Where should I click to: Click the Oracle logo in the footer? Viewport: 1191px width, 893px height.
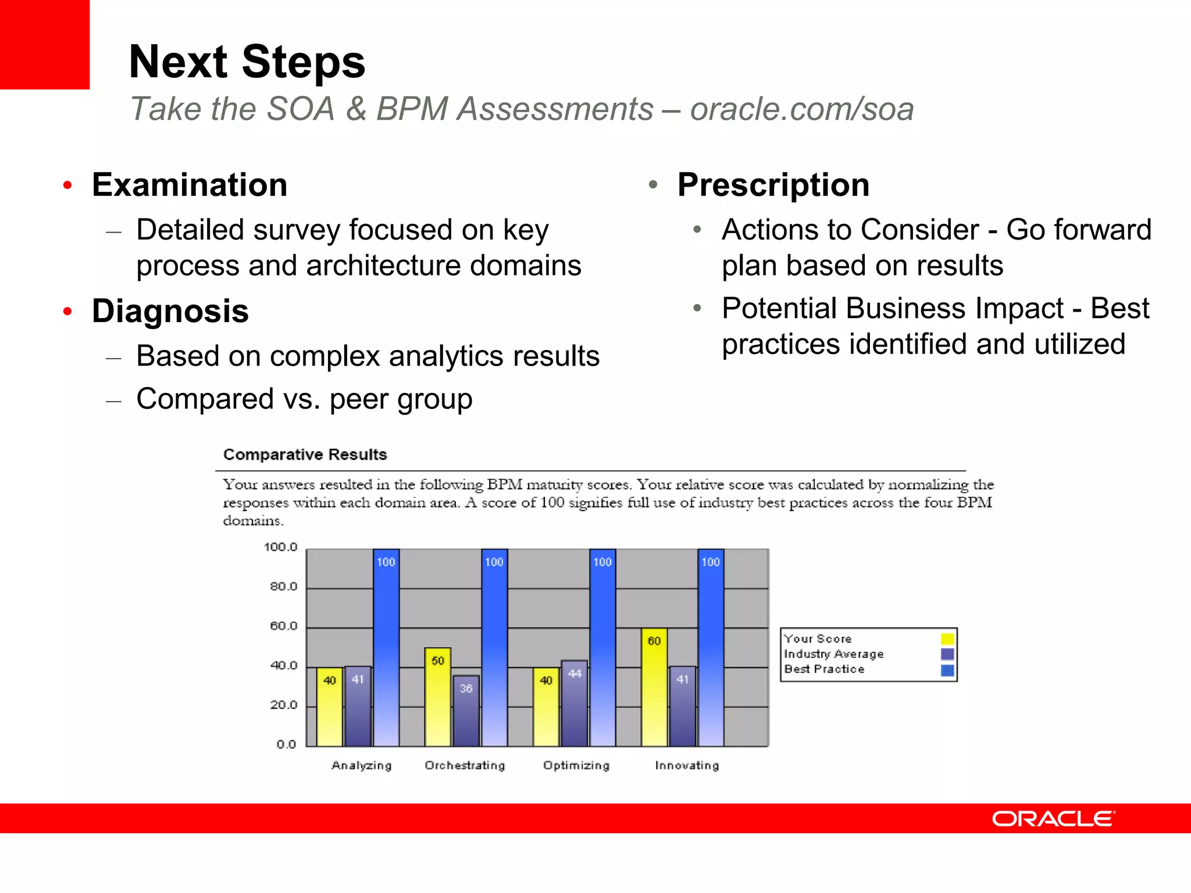tap(1053, 819)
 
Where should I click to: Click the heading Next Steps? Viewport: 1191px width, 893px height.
tap(247, 62)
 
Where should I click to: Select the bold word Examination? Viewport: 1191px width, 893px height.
tap(190, 185)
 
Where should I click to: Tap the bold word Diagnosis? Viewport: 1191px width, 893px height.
tap(170, 311)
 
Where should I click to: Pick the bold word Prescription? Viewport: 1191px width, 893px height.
tap(773, 185)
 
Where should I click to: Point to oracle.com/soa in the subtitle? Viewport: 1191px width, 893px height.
tap(802, 109)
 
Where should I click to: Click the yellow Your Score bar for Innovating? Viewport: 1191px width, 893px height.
tap(654, 692)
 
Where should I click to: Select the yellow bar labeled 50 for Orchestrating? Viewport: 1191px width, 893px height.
tap(437, 701)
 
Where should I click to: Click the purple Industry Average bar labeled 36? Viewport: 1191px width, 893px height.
tap(466, 712)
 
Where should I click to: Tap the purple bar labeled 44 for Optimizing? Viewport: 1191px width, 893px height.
tap(574, 706)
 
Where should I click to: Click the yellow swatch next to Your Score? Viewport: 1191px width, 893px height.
tap(947, 639)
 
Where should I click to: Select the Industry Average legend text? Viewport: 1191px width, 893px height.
tap(833, 654)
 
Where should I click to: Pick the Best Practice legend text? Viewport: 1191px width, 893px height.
tap(824, 669)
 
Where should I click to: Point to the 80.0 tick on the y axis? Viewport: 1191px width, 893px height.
tap(283, 587)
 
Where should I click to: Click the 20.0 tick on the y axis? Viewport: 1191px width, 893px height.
tap(283, 705)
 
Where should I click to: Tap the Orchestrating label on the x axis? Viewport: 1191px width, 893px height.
tap(465, 766)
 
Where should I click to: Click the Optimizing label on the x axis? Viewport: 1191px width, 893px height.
tap(576, 766)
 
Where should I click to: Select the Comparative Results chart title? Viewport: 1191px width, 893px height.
tap(305, 455)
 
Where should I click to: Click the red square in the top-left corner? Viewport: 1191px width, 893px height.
tap(44, 44)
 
